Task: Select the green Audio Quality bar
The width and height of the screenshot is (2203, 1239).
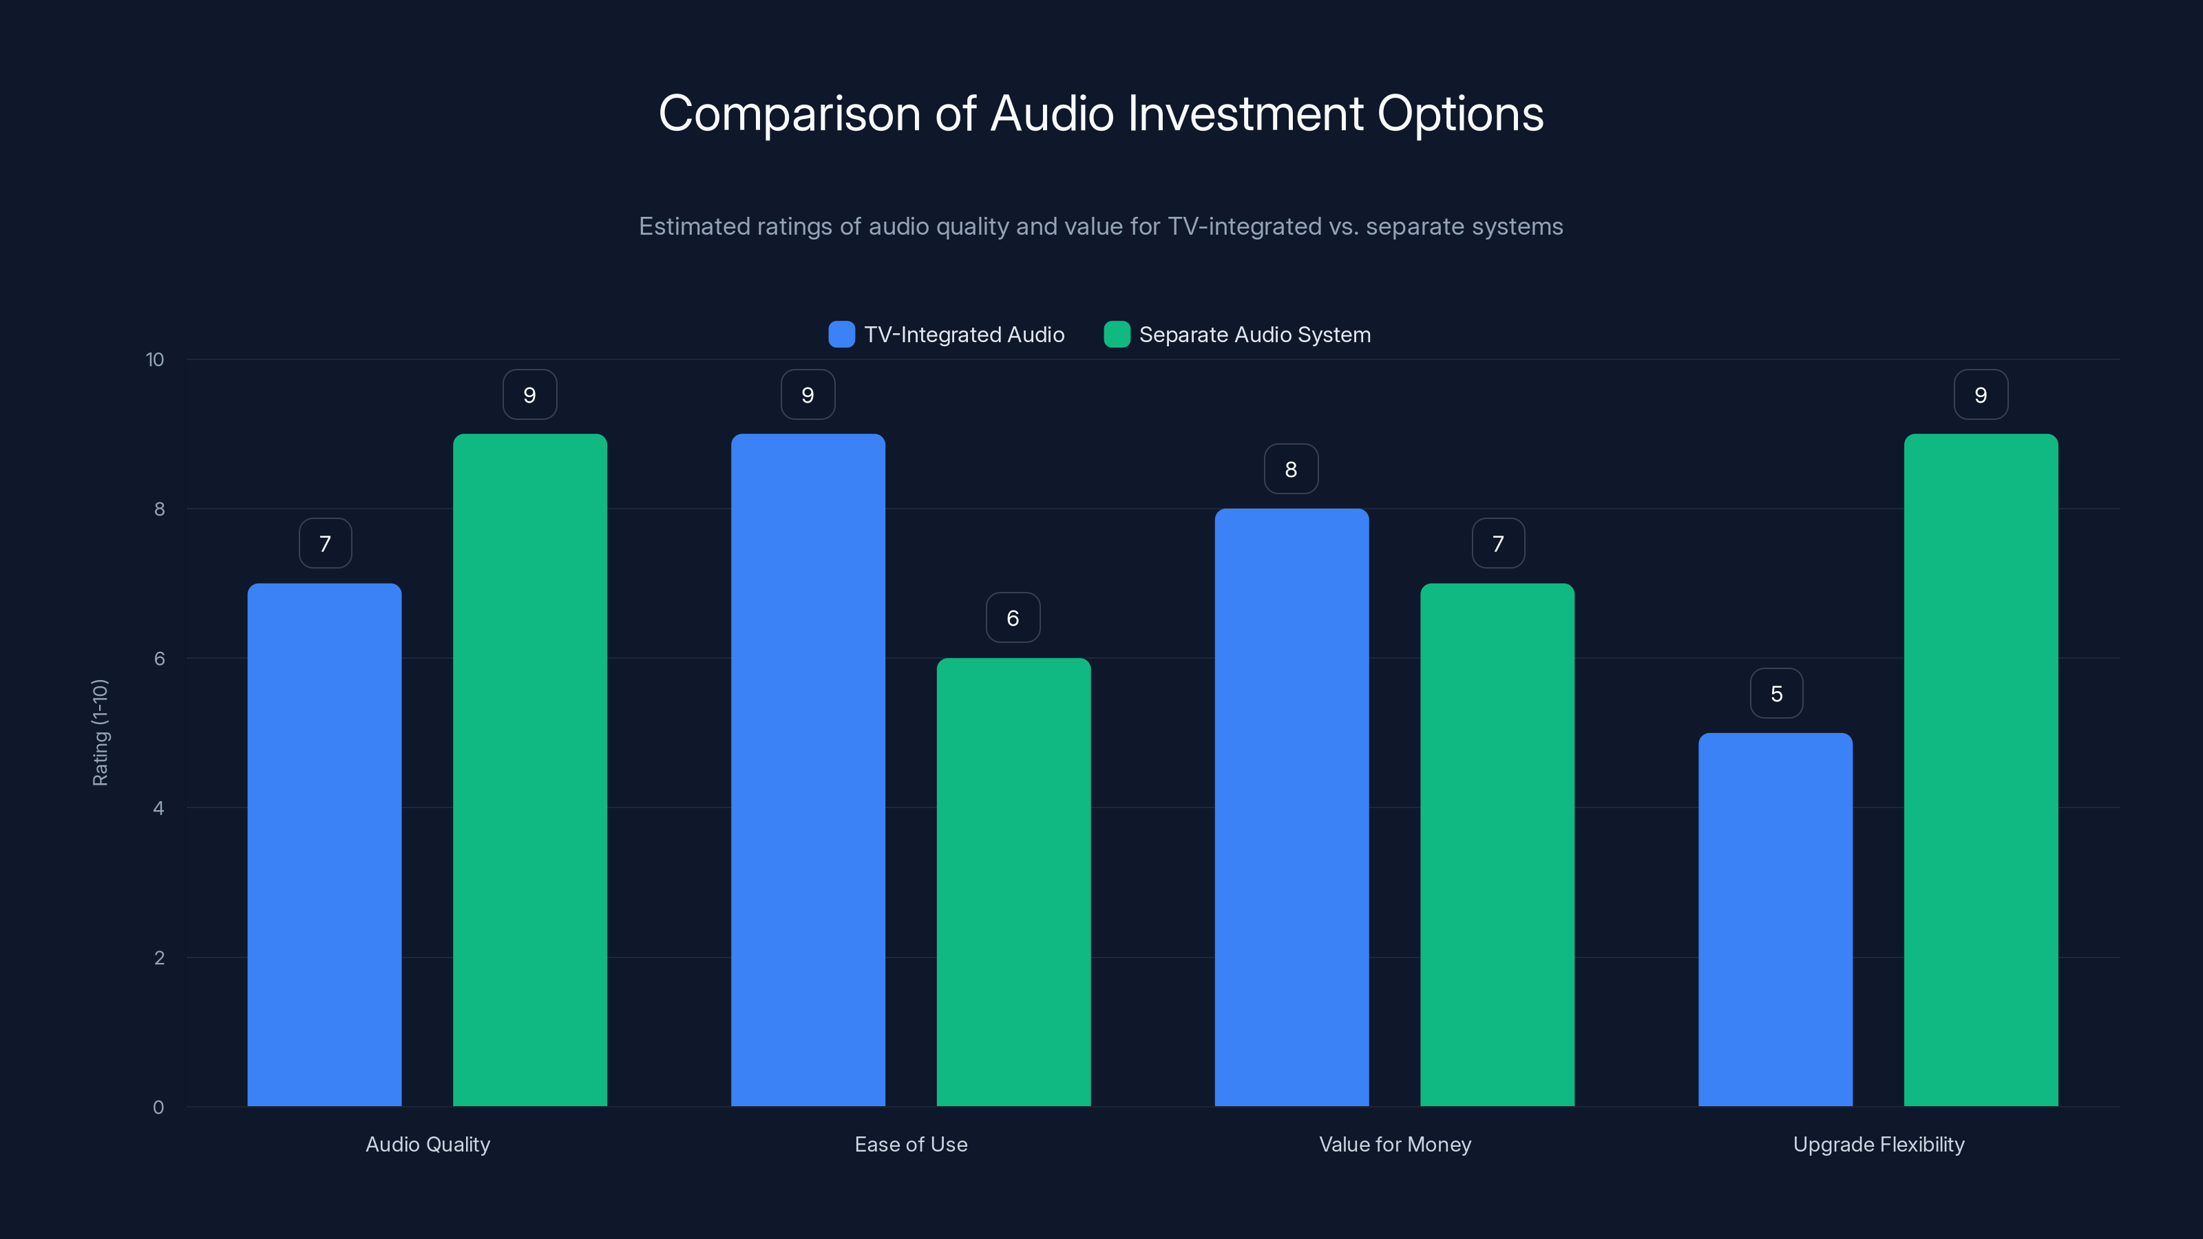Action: point(529,770)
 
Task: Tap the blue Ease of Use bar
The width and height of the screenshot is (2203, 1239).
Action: point(808,770)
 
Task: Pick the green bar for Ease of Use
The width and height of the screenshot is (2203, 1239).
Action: point(1013,882)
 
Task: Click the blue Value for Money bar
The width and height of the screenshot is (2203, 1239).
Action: point(1292,807)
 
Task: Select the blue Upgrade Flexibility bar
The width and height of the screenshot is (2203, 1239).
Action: point(1775,919)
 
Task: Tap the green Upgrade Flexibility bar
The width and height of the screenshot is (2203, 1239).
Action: point(1981,770)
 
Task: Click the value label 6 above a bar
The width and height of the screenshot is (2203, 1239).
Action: point(1013,618)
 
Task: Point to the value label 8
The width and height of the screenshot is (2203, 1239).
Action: point(1291,469)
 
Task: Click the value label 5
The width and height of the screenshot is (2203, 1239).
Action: point(1776,693)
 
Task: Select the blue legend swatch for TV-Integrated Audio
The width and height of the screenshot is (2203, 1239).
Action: point(841,335)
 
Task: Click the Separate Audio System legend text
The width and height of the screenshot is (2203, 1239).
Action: point(1254,335)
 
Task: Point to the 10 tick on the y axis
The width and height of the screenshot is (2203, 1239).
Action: point(155,359)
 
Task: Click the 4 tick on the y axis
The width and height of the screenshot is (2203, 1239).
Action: point(159,808)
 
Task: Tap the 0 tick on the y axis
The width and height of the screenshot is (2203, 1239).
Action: point(159,1108)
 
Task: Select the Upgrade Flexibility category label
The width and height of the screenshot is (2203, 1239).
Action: point(1878,1144)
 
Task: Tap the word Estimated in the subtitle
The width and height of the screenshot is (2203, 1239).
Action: point(693,226)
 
